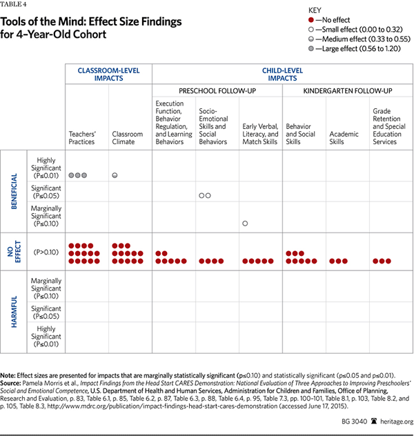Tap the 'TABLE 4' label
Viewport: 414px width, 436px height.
point(13,4)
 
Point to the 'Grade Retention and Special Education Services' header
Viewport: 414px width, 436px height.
point(390,126)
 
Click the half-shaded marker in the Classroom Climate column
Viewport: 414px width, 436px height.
point(115,175)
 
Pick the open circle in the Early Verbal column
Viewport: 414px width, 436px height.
point(245,224)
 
